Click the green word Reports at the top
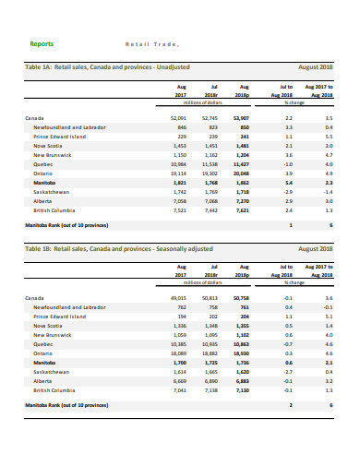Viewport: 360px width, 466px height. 42,43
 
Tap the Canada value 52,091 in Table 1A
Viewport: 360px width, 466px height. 179,119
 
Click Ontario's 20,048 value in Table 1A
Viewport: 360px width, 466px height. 242,173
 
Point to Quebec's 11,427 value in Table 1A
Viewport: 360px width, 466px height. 242,164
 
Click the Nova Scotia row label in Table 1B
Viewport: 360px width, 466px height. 48,326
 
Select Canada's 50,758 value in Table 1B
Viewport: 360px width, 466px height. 242,299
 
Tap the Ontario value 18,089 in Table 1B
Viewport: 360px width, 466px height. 179,353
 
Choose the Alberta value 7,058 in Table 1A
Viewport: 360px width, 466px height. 180,200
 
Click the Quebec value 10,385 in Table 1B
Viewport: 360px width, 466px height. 179,344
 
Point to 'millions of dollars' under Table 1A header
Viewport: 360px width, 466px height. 210,101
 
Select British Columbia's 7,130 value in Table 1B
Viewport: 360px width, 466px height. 242,389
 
